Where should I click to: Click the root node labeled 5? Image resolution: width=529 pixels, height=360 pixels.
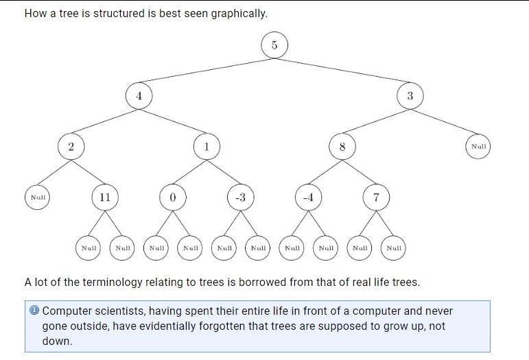click(274, 45)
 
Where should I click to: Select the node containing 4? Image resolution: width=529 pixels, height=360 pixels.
click(139, 96)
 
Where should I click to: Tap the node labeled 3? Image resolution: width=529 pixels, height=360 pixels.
click(410, 96)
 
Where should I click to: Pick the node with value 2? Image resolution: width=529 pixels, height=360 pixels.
click(71, 147)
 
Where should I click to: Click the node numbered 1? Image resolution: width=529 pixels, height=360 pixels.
click(207, 147)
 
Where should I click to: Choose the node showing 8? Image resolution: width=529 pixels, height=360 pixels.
click(342, 147)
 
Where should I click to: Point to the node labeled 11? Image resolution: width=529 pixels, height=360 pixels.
click(105, 197)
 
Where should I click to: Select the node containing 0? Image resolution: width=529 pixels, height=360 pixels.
click(173, 197)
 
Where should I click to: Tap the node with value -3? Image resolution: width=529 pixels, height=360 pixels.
click(241, 197)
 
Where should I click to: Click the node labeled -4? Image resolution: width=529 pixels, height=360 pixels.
click(308, 197)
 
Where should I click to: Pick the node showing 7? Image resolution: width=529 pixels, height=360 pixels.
click(376, 197)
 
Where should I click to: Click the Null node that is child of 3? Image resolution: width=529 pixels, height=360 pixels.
click(478, 147)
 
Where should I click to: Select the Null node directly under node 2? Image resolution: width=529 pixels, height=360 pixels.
click(37, 197)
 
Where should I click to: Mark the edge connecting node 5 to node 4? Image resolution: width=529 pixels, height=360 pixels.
click(207, 71)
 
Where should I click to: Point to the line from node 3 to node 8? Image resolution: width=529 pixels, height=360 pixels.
click(376, 121)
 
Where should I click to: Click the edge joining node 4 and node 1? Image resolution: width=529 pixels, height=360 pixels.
click(173, 121)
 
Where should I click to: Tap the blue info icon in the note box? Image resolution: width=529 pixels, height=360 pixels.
click(34, 310)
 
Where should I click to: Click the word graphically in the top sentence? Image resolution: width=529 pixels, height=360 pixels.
click(239, 14)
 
